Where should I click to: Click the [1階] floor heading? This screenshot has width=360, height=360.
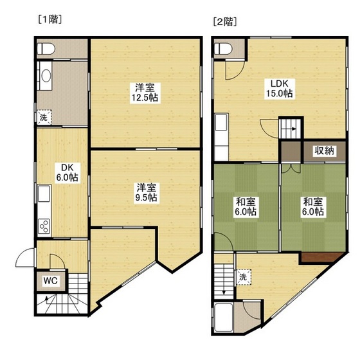coord(50,19)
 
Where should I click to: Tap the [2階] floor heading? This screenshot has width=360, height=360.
coord(225,22)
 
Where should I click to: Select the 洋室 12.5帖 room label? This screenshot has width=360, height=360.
coord(145,93)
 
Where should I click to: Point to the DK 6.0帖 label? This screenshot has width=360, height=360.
coord(67,173)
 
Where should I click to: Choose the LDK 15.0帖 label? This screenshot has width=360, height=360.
coord(280,89)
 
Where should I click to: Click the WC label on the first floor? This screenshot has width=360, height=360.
coord(51,280)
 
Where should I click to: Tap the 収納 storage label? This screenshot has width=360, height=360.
coord(324,151)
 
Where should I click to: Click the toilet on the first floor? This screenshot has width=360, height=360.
coord(46,49)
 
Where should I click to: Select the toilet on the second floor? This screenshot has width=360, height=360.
coord(223,49)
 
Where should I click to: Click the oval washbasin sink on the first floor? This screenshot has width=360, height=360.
coord(46,76)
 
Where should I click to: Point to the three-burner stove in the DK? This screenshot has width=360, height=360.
coord(44,226)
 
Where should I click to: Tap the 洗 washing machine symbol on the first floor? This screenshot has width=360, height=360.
coord(44,117)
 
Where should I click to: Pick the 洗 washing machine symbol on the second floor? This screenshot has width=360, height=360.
coord(244,277)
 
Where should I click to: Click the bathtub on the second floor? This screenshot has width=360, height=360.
coord(224,318)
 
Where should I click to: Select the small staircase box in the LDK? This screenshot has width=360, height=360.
coord(291,128)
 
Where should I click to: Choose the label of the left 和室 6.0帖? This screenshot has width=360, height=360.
coord(246,206)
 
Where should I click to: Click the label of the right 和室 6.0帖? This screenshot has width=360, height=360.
coord(313,206)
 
